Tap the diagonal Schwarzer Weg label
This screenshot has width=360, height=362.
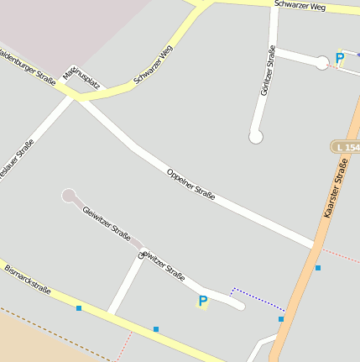(x=154, y=66)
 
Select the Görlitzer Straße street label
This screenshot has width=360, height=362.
(x=269, y=71)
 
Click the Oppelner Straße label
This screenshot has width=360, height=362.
(x=191, y=185)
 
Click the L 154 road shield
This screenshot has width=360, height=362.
(x=347, y=147)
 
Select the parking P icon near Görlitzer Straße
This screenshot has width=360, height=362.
(x=340, y=59)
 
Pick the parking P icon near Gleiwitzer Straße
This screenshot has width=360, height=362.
(x=202, y=302)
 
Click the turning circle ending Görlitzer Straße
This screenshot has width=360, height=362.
(x=256, y=136)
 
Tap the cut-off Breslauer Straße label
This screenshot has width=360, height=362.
(x=15, y=160)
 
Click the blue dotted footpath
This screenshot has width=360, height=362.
(x=257, y=300)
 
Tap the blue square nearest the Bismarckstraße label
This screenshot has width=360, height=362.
(x=79, y=308)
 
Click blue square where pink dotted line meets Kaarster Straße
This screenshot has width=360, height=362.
(x=318, y=268)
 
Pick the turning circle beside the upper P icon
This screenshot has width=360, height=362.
(x=322, y=62)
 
